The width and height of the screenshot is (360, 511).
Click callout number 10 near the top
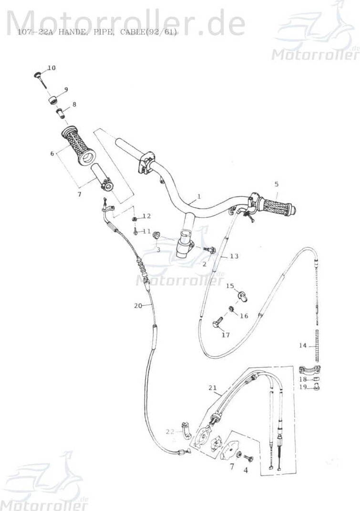coord(51,68)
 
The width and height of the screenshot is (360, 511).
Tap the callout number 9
coord(66,89)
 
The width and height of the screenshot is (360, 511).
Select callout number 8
coord(73,104)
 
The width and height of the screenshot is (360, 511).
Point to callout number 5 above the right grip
coord(276,184)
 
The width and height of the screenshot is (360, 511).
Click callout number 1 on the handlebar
coord(199,196)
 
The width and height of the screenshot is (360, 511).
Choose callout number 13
coord(234,256)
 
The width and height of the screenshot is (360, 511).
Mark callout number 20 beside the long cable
coord(138,305)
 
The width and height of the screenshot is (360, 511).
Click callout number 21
coord(213,387)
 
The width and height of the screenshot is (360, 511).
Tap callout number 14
coord(302,345)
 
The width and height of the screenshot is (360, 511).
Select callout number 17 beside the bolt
coord(226,335)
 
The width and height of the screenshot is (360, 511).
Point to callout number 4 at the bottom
coord(246,469)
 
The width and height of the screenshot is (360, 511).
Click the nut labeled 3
coord(156,235)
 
